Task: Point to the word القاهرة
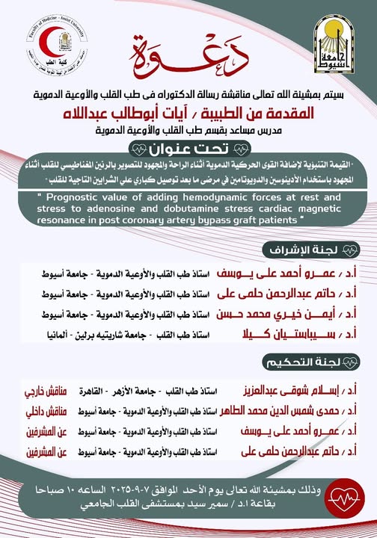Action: (94, 390)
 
